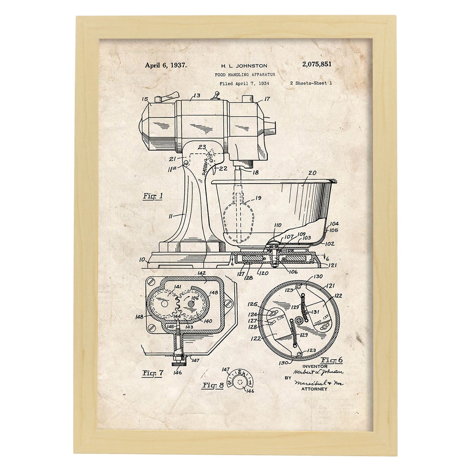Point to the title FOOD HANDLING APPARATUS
[245, 75]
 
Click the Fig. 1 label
[153, 197]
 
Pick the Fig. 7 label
[153, 373]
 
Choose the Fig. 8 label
[213, 385]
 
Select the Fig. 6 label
[332, 360]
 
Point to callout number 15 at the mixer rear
[145, 99]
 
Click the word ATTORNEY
[314, 389]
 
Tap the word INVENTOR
[315, 366]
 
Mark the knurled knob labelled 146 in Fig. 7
[178, 364]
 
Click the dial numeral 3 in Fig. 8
[230, 382]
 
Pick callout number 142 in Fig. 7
[202, 273]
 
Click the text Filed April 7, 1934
[244, 84]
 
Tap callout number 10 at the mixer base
[143, 260]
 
